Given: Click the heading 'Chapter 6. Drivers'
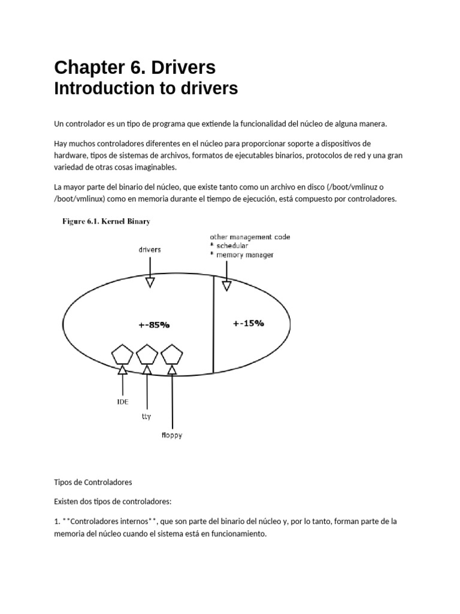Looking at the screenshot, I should [x=135, y=66].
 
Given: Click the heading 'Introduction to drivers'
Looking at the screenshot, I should [x=146, y=89].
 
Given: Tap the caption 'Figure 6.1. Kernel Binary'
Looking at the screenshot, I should [x=107, y=221].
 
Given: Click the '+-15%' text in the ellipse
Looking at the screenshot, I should [x=248, y=323].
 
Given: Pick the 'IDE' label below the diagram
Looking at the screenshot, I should [x=122, y=402].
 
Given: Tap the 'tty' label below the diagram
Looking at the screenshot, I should [x=147, y=417].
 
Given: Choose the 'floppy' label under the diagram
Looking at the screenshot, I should [x=172, y=435].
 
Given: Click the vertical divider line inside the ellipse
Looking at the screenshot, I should [x=214, y=324].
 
